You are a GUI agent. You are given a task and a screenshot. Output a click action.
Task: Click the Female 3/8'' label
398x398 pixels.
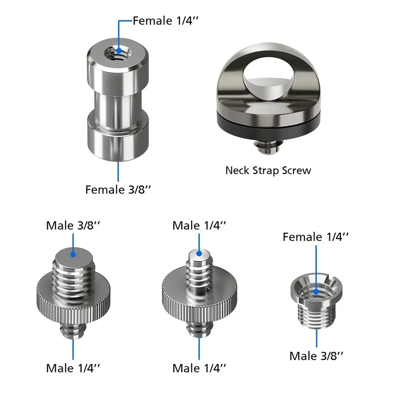coord(118,190)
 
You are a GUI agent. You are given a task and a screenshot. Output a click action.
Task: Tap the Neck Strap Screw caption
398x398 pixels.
coord(268,170)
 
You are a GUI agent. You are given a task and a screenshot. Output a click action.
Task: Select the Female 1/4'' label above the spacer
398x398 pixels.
coord(165,20)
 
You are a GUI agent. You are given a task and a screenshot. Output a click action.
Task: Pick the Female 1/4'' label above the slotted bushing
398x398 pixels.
coord(315,237)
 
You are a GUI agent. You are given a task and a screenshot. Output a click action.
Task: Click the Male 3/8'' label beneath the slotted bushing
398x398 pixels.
coord(316,356)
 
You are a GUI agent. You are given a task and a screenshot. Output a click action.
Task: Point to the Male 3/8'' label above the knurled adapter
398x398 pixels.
coord(73,225)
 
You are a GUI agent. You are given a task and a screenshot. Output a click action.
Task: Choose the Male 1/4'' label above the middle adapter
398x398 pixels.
coord(199,225)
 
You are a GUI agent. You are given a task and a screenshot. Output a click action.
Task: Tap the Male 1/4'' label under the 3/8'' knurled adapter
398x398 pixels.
coord(73,368)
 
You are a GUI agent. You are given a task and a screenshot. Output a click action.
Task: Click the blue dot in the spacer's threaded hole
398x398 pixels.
coord(119,51)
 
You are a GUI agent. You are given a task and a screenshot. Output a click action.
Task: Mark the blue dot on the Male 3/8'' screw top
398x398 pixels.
coord(73,254)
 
